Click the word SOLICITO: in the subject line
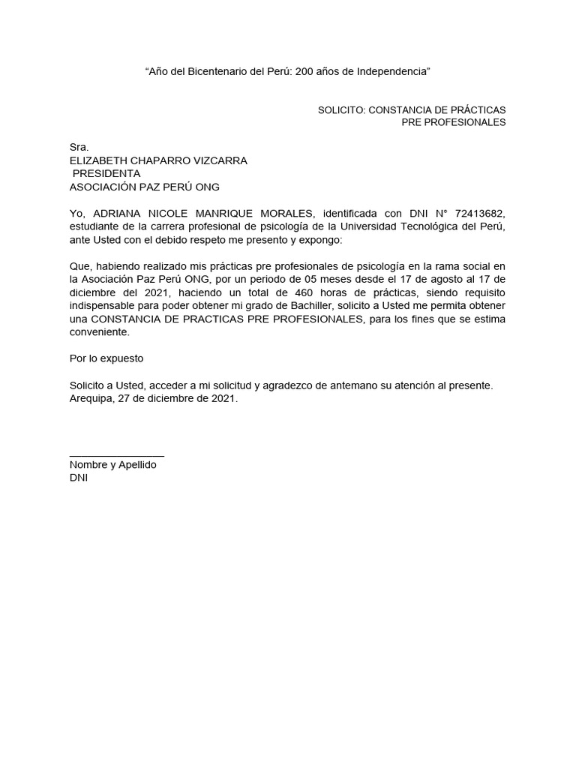point(341,109)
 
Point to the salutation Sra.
point(79,148)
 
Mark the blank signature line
point(116,455)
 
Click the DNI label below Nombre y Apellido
point(78,478)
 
